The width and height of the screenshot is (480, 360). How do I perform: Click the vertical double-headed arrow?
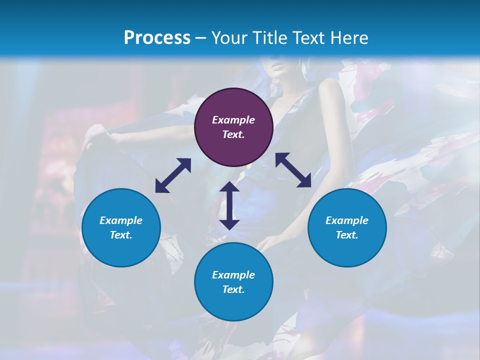[229, 205]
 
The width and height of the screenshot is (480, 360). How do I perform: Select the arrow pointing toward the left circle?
[173, 175]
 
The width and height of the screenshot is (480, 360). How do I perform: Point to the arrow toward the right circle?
[293, 170]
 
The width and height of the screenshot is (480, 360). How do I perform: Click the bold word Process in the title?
[157, 37]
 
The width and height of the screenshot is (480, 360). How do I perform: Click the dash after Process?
[201, 38]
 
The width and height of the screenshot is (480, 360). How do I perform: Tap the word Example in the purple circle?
[233, 120]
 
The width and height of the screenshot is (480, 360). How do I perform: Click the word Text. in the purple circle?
[233, 134]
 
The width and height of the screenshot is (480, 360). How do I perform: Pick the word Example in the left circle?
[121, 220]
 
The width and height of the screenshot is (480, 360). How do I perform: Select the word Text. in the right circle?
[347, 235]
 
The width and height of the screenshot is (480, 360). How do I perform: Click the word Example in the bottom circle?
[233, 275]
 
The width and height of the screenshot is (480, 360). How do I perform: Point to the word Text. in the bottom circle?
[233, 289]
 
